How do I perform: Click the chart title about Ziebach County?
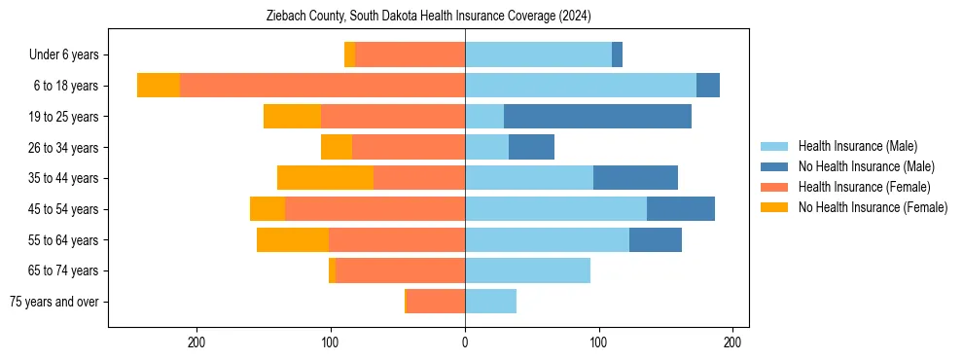(429, 17)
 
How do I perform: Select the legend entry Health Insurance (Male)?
(857, 146)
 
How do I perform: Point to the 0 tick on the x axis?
(465, 342)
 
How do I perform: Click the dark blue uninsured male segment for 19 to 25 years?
(597, 117)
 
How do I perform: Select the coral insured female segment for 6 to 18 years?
(322, 86)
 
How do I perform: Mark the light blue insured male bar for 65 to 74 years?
(527, 270)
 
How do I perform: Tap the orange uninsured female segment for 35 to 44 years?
(325, 178)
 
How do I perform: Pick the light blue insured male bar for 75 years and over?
(490, 302)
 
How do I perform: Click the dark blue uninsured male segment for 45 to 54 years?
(681, 209)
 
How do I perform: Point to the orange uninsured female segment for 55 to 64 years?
(293, 239)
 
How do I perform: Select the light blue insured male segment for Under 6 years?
(538, 55)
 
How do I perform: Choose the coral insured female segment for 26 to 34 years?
(409, 147)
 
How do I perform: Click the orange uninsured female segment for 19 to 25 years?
(292, 117)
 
